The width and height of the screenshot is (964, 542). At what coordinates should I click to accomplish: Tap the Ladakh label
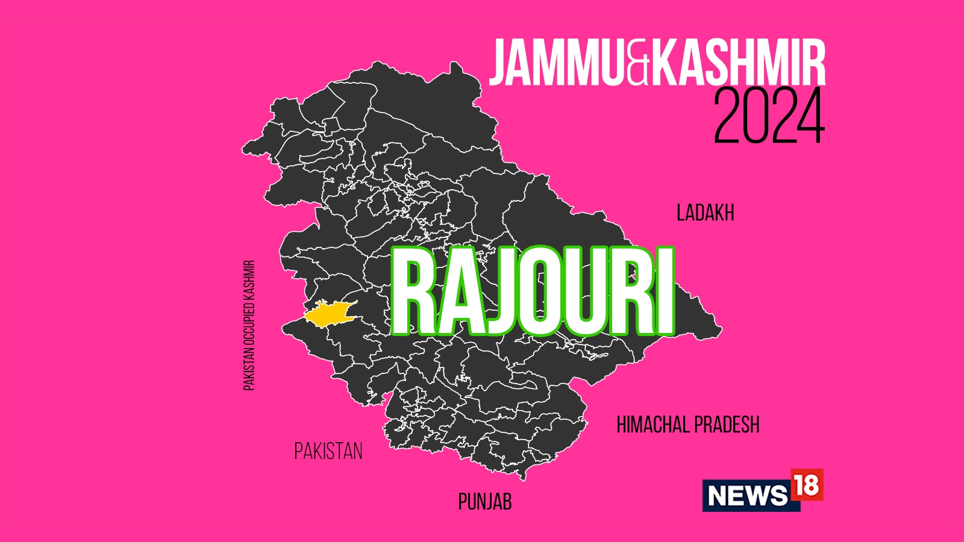[705, 213]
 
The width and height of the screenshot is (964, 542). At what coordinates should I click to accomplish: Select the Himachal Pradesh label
[687, 425]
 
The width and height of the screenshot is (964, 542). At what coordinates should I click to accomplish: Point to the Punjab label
[485, 502]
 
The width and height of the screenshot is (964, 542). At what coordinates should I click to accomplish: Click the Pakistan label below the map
[328, 451]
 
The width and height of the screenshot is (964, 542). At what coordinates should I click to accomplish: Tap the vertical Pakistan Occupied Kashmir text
[249, 325]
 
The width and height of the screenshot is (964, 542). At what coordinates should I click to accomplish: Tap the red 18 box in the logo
[806, 485]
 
